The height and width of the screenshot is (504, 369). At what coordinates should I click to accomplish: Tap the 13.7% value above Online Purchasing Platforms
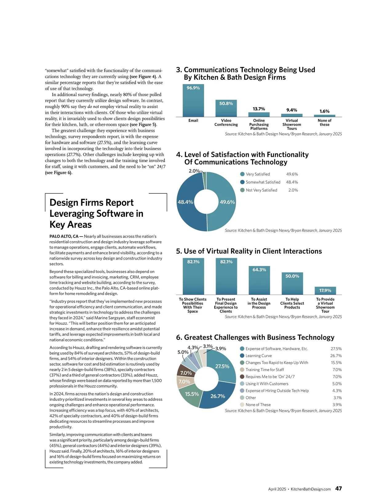tap(259, 109)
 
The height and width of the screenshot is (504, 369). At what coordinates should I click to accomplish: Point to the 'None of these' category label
tap(324, 122)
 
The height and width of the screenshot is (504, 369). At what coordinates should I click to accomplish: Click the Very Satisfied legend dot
tap(242, 174)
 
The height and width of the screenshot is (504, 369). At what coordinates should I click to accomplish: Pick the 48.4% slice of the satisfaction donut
tap(185, 202)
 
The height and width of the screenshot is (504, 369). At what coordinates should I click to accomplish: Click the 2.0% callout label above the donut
tap(194, 171)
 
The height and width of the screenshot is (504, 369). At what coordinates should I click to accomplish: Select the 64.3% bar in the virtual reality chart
tap(259, 280)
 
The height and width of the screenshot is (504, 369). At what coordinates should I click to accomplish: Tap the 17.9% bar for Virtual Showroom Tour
tap(325, 291)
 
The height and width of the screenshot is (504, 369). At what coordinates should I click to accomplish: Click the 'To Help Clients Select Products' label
tap(292, 303)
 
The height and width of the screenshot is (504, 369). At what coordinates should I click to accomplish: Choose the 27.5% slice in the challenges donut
tap(222, 366)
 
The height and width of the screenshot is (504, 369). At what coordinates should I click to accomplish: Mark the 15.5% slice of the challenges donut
tap(192, 394)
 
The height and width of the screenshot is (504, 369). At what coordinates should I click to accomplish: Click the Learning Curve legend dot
tap(242, 356)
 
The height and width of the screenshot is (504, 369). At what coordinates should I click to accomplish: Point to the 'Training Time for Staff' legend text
tap(264, 370)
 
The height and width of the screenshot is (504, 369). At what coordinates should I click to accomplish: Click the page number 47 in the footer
tap(338, 489)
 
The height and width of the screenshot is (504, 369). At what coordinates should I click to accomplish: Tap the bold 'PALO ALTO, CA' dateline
tap(64, 236)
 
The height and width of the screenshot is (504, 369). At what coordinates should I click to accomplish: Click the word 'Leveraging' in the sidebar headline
tap(76, 213)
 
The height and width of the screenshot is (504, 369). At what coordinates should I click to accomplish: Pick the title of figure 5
tap(249, 251)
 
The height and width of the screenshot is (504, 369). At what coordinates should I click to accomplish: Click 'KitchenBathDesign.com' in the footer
tap(311, 489)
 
